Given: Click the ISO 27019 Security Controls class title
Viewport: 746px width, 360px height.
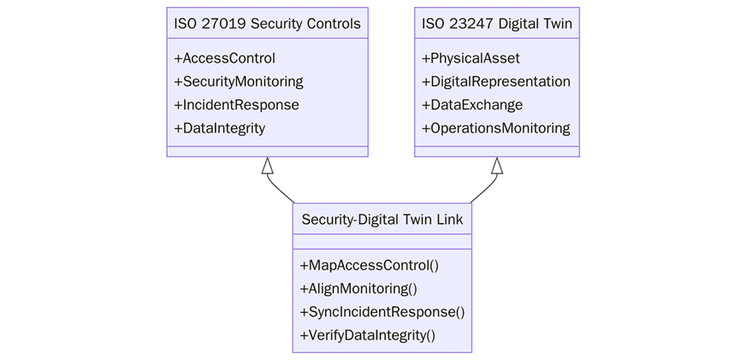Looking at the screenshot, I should [267, 23].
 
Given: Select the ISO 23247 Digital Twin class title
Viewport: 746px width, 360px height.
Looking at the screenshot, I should [496, 23].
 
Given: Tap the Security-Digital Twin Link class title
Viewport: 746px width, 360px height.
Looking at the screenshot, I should [382, 220].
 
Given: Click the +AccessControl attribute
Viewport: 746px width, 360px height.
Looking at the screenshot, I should [224, 59].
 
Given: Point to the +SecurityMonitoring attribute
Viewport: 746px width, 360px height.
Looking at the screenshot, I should [238, 82].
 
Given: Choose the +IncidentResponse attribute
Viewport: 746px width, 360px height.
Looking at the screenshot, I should [236, 105].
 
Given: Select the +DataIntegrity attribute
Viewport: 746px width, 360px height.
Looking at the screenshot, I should [219, 128].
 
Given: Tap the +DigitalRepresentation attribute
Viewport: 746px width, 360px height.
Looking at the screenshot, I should [496, 82].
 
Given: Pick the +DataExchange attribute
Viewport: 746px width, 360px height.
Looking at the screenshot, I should [472, 105].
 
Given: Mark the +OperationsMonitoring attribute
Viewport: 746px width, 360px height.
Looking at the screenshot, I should [496, 128].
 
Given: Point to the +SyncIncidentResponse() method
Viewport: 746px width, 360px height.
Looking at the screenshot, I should [382, 311].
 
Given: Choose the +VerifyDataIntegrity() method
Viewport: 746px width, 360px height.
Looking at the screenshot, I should [368, 334].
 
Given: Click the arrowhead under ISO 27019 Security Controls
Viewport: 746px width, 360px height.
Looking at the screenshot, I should [267, 166].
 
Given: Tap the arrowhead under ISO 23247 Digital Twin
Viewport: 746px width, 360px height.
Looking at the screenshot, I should [497, 166].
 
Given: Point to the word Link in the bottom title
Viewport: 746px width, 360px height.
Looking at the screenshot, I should [449, 220].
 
